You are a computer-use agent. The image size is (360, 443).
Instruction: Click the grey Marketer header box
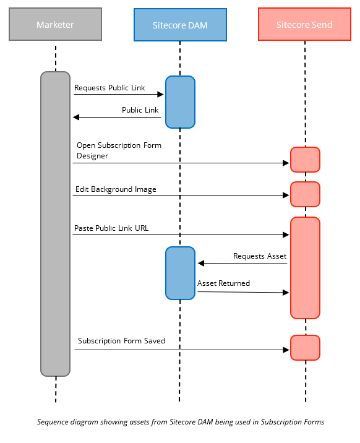(55, 25)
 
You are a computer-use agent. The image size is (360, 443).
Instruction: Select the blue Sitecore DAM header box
(180, 25)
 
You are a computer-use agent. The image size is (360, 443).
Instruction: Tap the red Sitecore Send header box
(304, 25)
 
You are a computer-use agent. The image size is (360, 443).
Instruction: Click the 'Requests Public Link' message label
(109, 88)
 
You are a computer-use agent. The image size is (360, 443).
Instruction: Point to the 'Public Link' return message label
(140, 110)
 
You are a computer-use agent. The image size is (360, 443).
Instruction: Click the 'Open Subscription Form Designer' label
(119, 151)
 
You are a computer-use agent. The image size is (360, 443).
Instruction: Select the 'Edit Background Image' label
(116, 189)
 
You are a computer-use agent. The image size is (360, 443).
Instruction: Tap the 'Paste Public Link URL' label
(111, 228)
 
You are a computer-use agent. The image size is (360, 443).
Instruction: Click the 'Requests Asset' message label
(259, 256)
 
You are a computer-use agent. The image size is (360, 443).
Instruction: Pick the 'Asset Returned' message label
(223, 283)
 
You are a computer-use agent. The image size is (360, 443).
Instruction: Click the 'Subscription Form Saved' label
(121, 341)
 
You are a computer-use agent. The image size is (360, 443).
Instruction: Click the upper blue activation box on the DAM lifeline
(180, 102)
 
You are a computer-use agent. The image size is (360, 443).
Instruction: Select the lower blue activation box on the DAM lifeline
(180, 273)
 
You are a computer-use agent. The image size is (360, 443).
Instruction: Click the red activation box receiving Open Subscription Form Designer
(305, 160)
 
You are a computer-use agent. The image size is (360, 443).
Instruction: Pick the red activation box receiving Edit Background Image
(305, 194)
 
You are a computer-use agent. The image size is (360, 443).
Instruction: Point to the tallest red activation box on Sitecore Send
(305, 267)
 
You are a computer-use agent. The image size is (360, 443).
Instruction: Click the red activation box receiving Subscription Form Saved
(305, 348)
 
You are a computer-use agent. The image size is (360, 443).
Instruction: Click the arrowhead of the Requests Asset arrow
(201, 264)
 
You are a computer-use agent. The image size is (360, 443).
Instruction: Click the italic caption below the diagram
(180, 422)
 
